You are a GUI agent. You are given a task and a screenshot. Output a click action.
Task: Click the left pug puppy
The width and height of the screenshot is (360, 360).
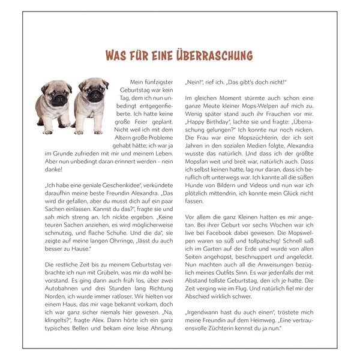tap(55, 104)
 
